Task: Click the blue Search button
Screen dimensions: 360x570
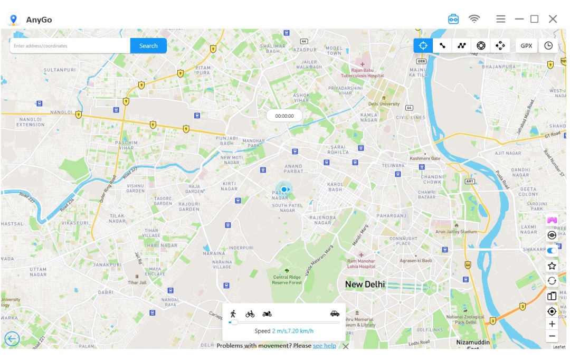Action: coord(148,46)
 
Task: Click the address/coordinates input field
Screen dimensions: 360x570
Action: coord(70,46)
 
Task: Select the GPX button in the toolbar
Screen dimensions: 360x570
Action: coord(526,45)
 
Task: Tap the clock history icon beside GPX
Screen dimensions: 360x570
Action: coord(548,45)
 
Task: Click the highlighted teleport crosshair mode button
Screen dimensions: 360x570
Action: coord(423,45)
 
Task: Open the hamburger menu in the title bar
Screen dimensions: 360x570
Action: coord(500,19)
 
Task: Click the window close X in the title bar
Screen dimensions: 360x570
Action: coord(553,19)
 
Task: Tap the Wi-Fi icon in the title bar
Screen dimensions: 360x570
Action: coord(474,19)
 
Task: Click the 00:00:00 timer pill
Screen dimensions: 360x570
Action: coord(284,116)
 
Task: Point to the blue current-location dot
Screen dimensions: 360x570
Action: coord(284,190)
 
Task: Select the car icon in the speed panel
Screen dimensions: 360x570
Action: coord(335,314)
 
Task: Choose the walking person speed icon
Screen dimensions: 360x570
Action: coord(233,314)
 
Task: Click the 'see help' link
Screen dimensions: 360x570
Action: coord(324,346)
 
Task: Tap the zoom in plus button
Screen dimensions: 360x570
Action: coord(552,324)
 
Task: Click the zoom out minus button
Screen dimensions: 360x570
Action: coord(552,336)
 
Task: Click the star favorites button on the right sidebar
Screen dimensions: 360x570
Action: coord(552,266)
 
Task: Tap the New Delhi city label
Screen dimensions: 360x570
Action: coord(365,285)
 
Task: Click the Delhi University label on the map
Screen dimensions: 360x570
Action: coord(384,104)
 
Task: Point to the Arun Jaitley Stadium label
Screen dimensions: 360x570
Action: coord(455,232)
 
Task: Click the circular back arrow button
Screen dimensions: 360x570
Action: coord(12,339)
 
